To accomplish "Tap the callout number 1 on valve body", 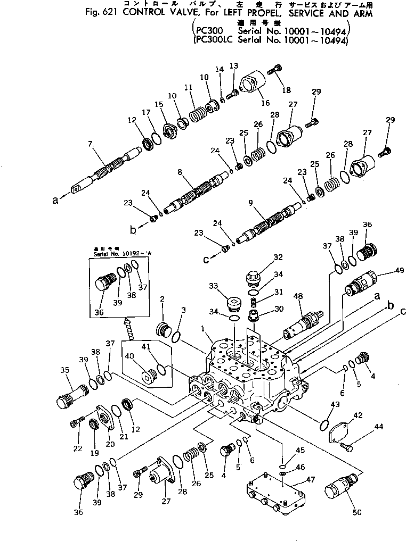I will click(x=202, y=329).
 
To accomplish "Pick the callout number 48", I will click(x=298, y=296).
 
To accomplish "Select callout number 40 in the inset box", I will click(x=130, y=356).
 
